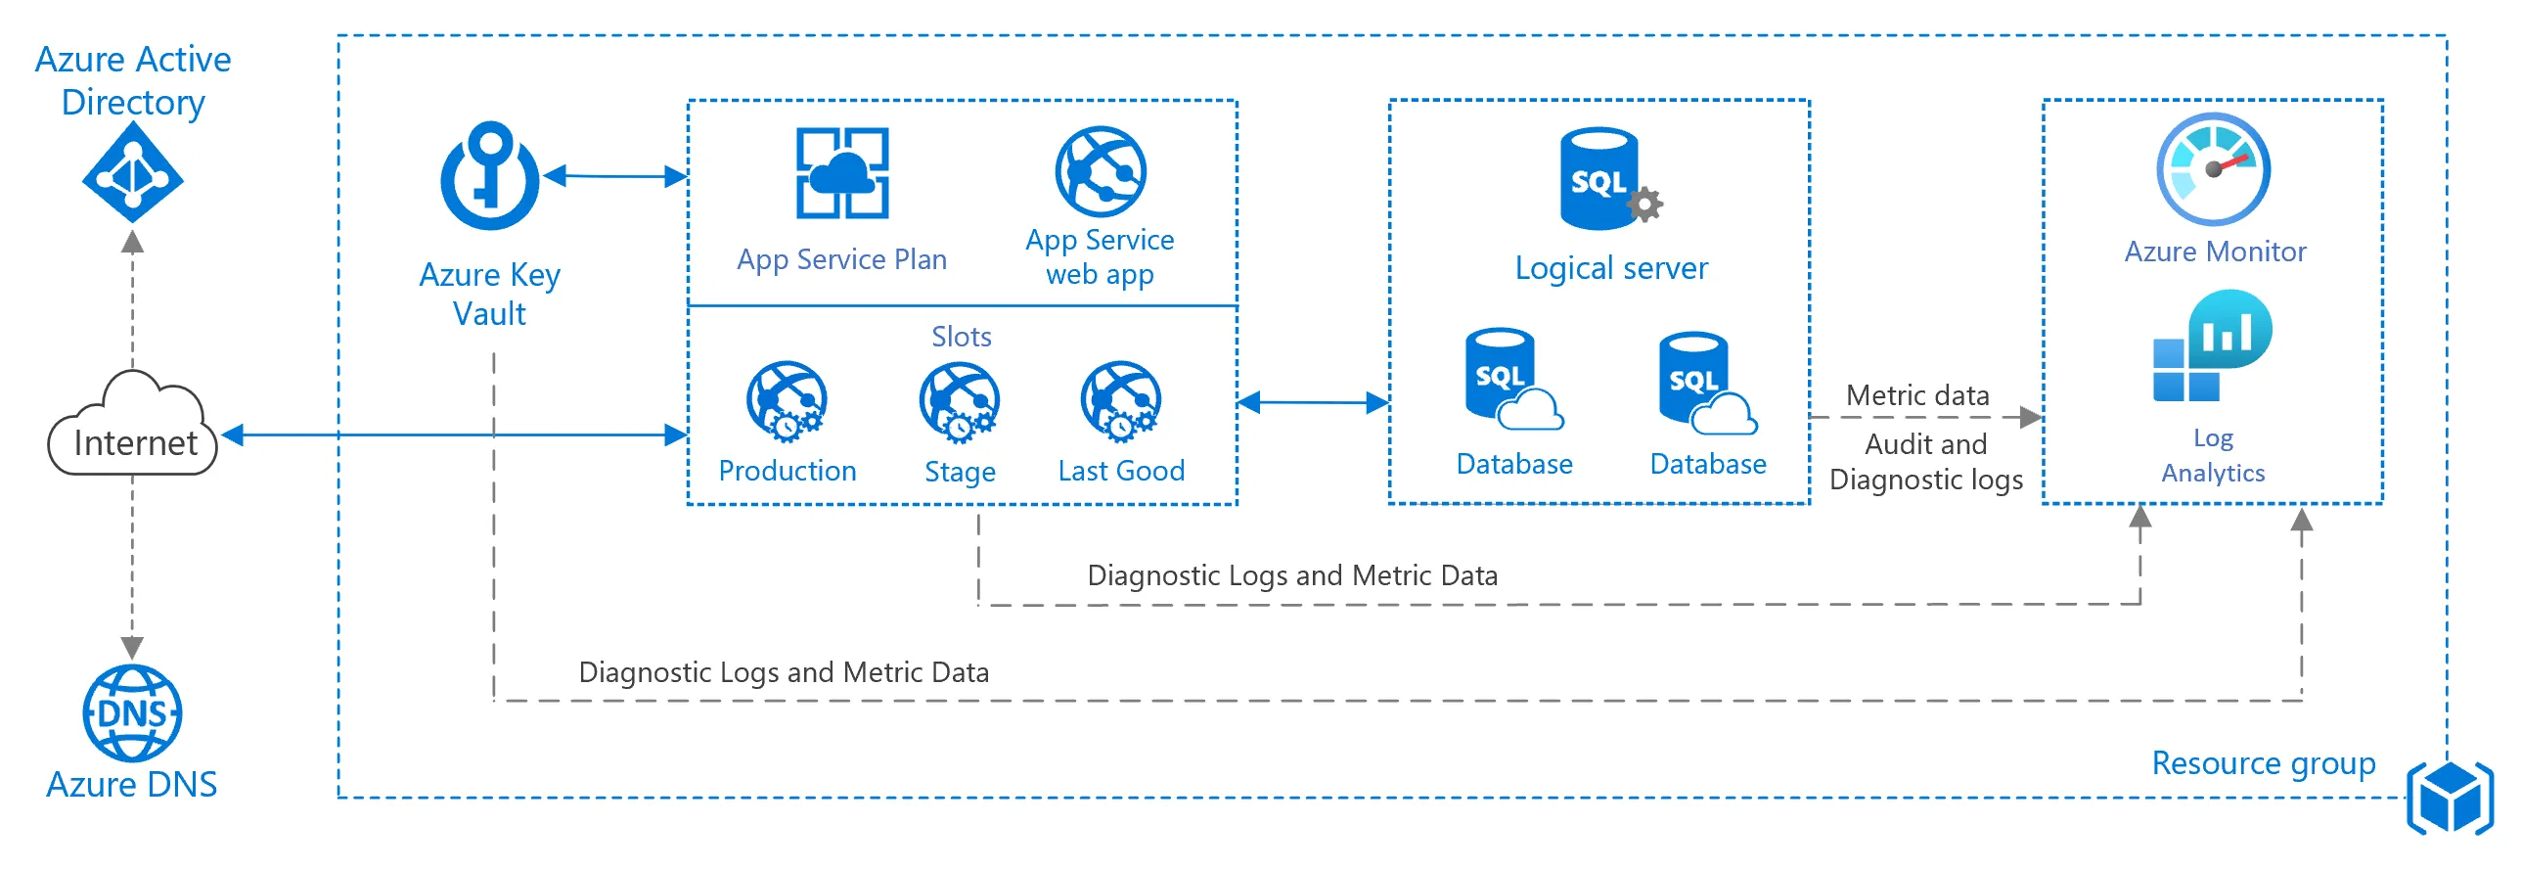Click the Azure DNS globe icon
tap(132, 713)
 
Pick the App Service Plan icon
tap(841, 173)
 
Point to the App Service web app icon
tap(1100, 171)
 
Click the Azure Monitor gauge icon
tap(2214, 169)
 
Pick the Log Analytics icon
tap(2212, 346)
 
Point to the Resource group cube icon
tap(2451, 798)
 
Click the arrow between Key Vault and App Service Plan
tap(615, 176)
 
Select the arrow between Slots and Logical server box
tap(1314, 401)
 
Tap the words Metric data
tap(1917, 395)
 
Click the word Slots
tap(961, 337)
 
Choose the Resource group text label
tap(2263, 762)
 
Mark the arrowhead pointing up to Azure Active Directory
tap(132, 242)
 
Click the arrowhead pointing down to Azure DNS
tap(132, 647)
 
